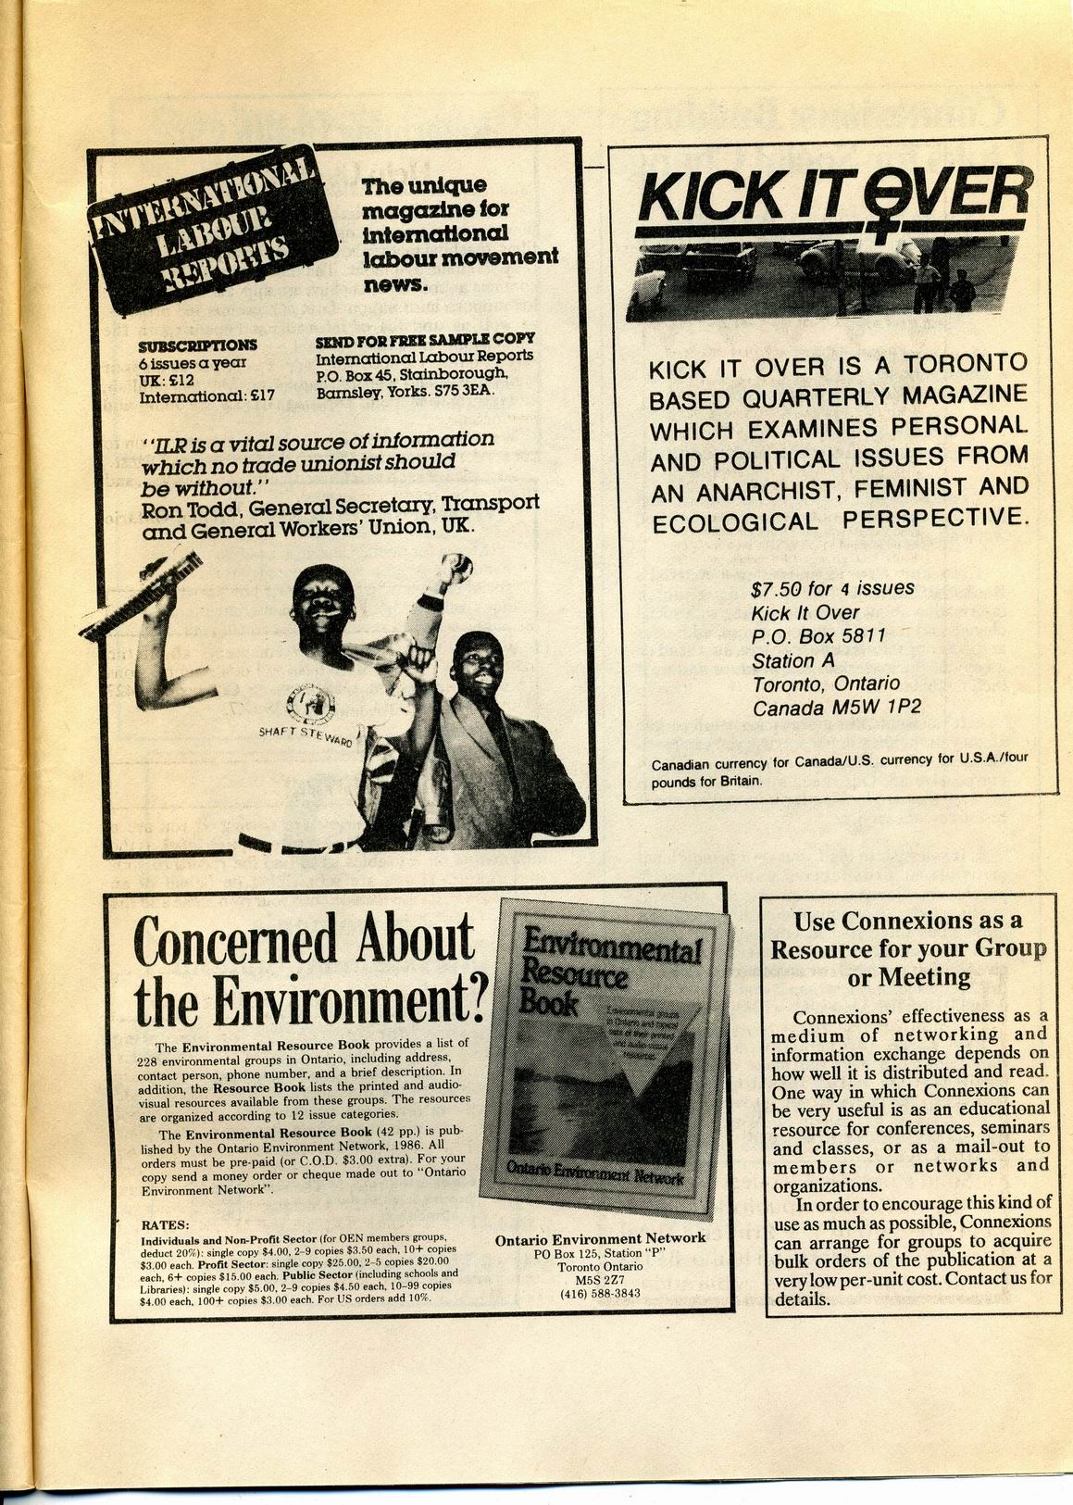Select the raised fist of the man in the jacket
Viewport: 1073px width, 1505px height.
455,566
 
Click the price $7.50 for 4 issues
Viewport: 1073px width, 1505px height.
832,588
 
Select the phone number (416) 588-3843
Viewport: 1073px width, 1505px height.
600,1294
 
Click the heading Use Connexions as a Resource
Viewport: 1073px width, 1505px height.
908,948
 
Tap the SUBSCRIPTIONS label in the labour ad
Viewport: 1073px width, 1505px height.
198,345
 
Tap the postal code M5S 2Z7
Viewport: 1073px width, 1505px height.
600,1280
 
